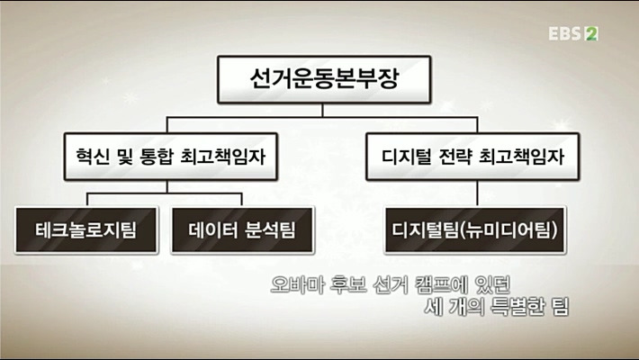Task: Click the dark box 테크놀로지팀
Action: coord(87,229)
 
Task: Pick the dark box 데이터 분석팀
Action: coord(241,229)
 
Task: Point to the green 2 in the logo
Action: coord(591,34)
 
